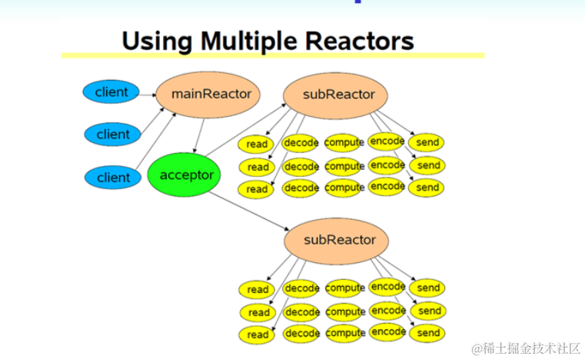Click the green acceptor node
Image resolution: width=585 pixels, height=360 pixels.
click(186, 175)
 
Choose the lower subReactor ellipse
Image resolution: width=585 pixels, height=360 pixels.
click(339, 239)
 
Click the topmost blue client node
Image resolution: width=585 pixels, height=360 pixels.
click(111, 92)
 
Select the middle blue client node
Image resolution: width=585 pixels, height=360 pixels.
click(113, 135)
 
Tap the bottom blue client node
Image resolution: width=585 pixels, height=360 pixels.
click(114, 178)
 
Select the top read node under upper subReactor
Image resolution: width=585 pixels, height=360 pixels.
click(257, 145)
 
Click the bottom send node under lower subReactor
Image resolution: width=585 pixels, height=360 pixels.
click(428, 333)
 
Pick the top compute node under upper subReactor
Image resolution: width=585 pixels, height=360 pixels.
click(344, 143)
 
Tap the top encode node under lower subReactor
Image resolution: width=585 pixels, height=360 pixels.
click(387, 287)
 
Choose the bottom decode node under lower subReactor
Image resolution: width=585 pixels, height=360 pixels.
click(301, 334)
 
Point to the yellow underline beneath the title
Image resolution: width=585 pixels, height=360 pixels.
click(273, 55)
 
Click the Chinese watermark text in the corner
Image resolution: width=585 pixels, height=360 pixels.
click(526, 348)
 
